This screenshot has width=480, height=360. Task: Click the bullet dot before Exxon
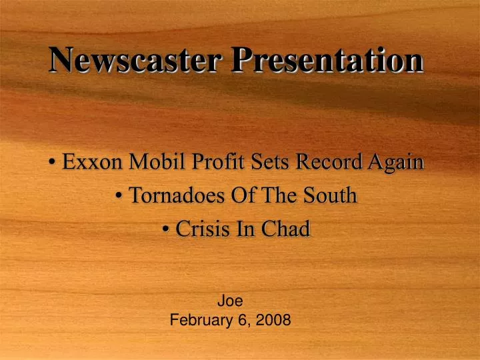(x=52, y=163)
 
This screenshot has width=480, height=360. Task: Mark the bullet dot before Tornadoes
(x=118, y=197)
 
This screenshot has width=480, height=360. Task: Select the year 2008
(x=275, y=320)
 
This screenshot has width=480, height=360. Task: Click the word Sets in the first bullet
(x=272, y=161)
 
